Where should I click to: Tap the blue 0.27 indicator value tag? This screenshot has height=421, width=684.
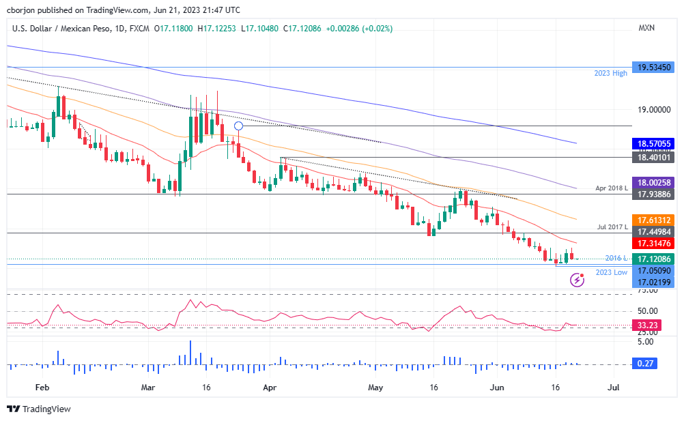click(x=646, y=364)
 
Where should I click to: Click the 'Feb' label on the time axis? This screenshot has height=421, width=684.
click(x=42, y=388)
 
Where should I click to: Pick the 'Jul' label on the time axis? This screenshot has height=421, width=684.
click(x=613, y=388)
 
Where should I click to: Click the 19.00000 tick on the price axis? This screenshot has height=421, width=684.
click(x=653, y=109)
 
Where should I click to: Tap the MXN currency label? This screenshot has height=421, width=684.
click(x=646, y=29)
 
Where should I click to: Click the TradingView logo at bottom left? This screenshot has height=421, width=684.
click(x=39, y=409)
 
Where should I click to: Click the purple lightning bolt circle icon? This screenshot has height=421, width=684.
click(x=578, y=279)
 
